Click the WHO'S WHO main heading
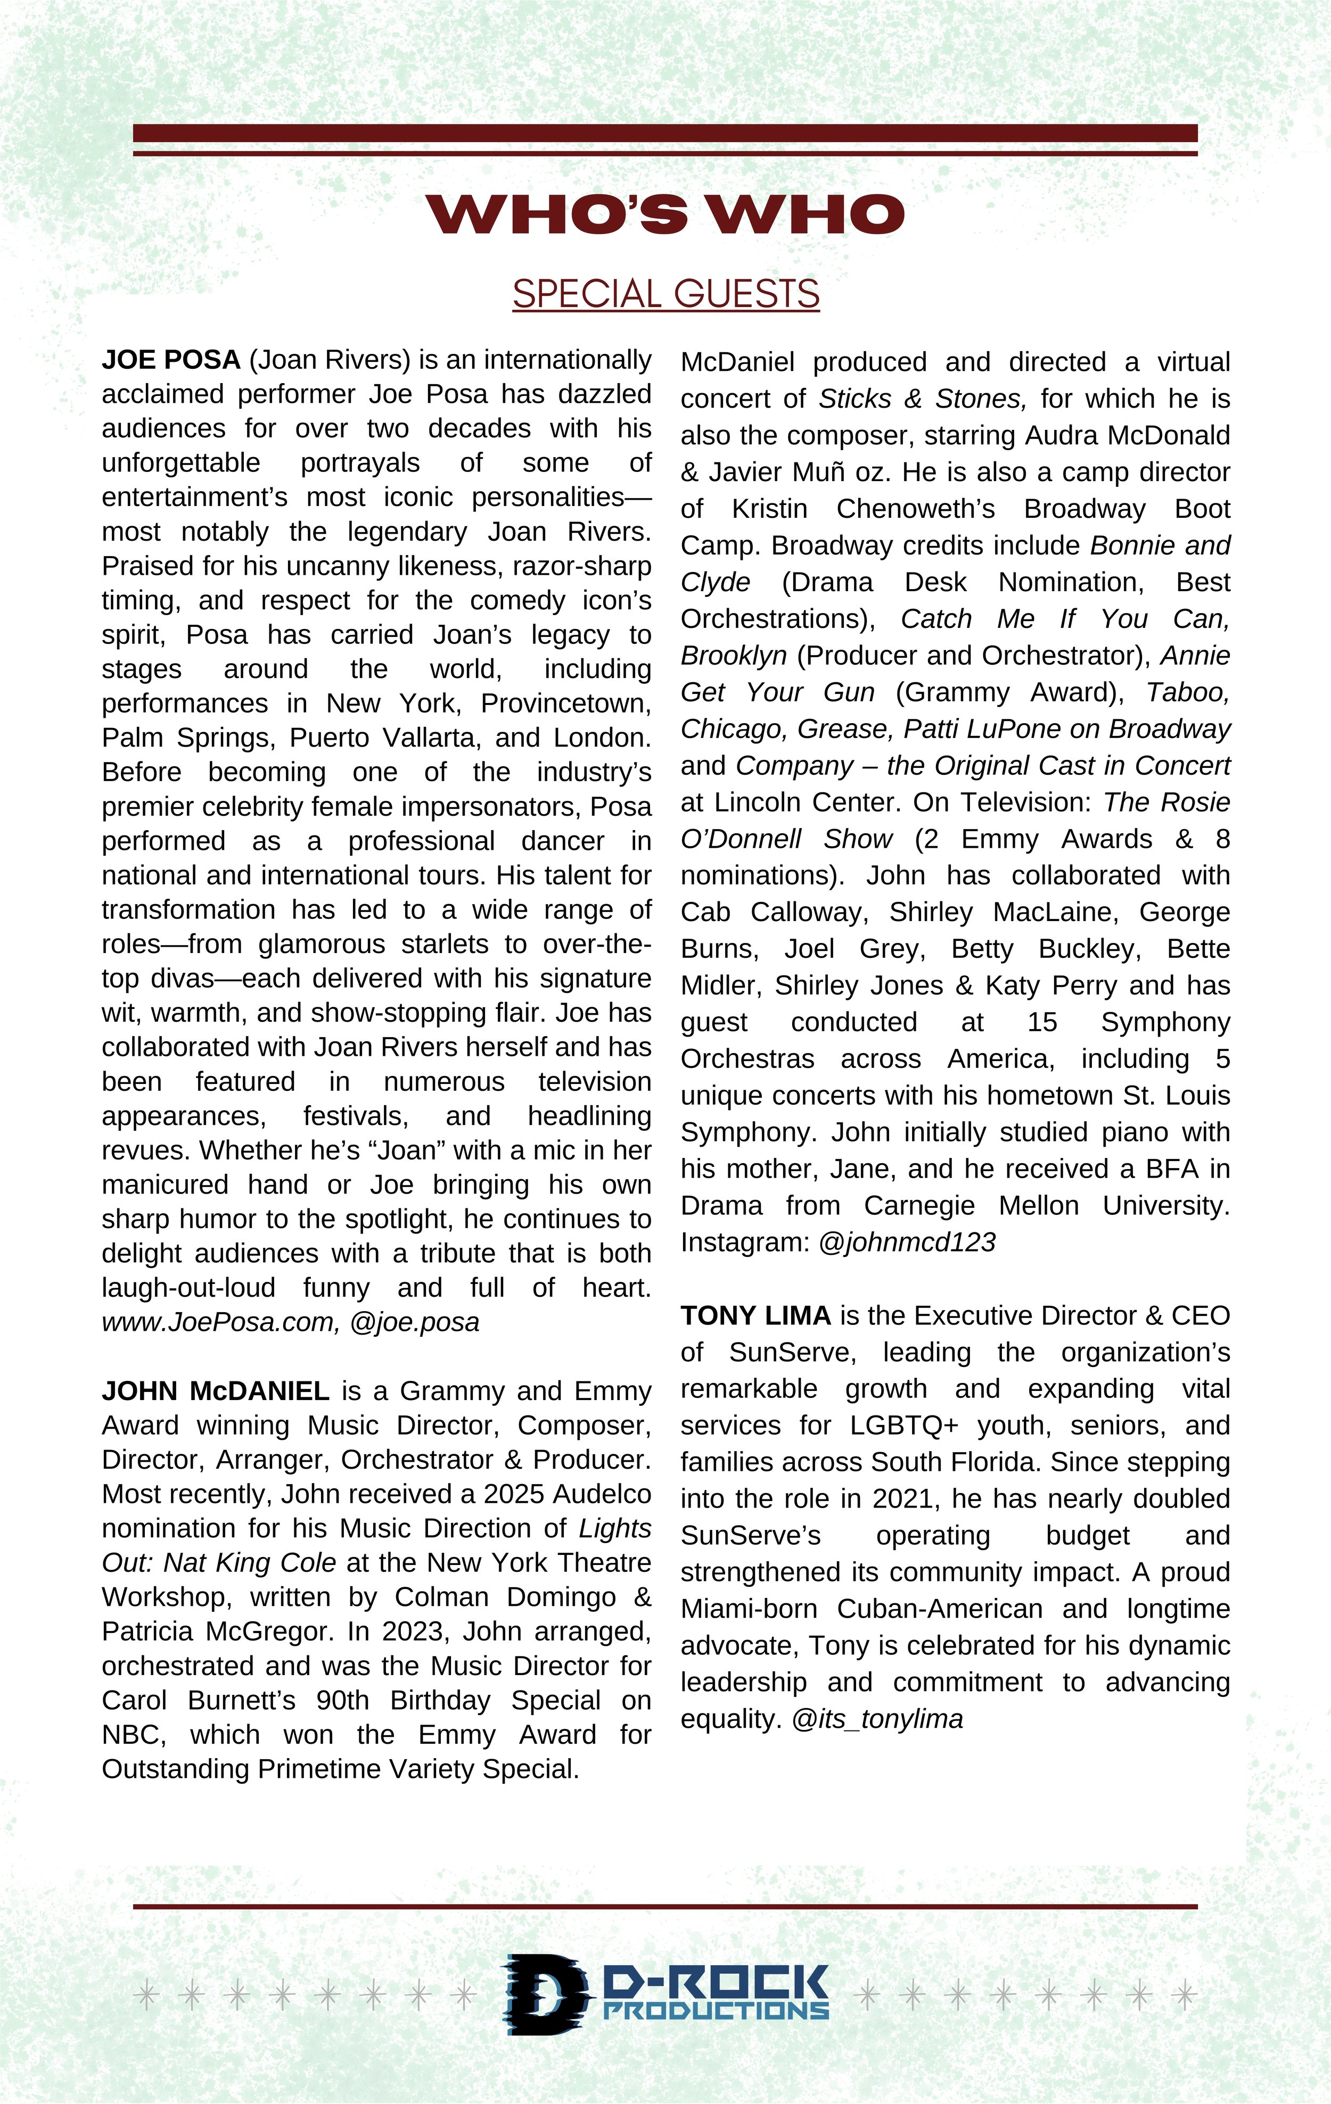664,214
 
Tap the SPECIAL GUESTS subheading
665,294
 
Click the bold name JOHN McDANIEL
215,1390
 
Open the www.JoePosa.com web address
218,1322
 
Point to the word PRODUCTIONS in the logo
716,2010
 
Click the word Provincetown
565,703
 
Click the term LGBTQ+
903,1425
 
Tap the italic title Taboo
1188,692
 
